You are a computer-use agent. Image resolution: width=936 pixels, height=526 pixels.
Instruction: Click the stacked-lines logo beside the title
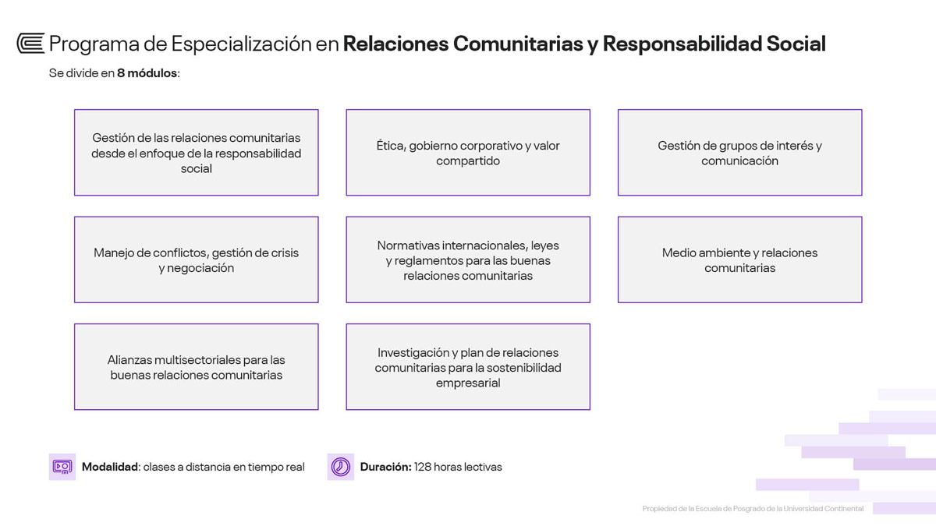pos(30,44)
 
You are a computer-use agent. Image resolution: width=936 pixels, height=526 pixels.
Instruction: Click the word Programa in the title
pos(94,44)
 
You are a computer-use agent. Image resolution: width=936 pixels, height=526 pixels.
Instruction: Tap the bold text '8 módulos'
pos(147,73)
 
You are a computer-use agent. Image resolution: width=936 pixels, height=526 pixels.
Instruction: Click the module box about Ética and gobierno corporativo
pos(468,153)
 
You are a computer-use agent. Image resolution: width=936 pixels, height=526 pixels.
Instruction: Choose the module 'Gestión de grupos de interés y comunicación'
pos(739,153)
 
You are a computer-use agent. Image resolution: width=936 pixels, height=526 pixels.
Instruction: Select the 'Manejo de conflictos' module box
pos(197,259)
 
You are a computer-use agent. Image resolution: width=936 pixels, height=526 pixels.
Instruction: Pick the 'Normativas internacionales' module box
pos(468,259)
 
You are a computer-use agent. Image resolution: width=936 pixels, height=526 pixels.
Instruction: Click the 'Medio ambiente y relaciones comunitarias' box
pos(739,259)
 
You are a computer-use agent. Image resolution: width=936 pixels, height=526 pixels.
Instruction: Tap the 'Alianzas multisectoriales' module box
pos(197,367)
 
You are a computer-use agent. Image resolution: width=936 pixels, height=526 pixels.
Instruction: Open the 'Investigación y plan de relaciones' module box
pos(468,367)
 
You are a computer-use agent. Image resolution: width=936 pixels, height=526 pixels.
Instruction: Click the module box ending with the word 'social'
pos(197,153)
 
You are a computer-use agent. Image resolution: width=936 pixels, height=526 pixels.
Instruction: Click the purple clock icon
pos(341,467)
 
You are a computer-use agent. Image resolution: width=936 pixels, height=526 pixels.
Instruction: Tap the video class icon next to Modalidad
pos(62,467)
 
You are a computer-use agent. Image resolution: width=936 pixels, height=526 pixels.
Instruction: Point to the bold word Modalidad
pos(110,467)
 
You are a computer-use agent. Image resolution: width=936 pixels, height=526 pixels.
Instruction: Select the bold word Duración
pos(385,467)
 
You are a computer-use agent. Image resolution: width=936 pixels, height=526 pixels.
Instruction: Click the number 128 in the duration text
pos(423,467)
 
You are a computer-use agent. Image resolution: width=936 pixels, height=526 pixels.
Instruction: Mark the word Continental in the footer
pos(844,508)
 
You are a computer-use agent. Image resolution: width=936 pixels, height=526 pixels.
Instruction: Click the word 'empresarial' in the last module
pos(468,383)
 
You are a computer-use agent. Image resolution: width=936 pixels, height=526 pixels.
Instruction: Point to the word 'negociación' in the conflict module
pos(200,268)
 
